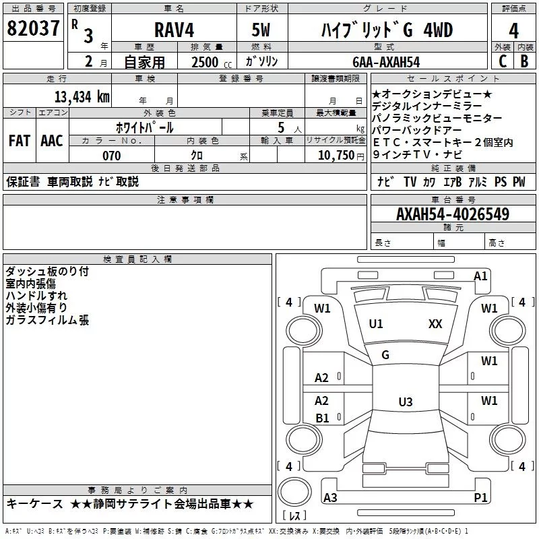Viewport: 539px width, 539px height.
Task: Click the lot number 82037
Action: pyautogui.click(x=32, y=30)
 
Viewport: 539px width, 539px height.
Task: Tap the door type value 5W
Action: pyautogui.click(x=261, y=30)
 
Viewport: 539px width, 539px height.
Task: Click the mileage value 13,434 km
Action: pyautogui.click(x=82, y=97)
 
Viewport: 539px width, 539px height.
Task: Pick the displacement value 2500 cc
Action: pyautogui.click(x=205, y=62)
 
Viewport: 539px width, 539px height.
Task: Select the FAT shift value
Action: pyautogui.click(x=19, y=141)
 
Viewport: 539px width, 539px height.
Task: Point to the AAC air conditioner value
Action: pyautogui.click(x=51, y=141)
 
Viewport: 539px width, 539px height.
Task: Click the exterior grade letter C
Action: pyautogui.click(x=502, y=61)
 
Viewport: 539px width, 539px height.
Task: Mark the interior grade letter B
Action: pyautogui.click(x=524, y=61)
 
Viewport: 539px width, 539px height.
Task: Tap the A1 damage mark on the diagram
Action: pyautogui.click(x=480, y=276)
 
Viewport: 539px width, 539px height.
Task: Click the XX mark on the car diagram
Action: pyautogui.click(x=435, y=324)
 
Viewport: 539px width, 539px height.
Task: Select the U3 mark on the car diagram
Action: pyautogui.click(x=405, y=402)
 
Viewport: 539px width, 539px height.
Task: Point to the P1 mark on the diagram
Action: pyautogui.click(x=480, y=497)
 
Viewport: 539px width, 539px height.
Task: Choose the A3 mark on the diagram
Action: pyautogui.click(x=330, y=497)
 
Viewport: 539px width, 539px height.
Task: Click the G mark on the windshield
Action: pyautogui.click(x=385, y=355)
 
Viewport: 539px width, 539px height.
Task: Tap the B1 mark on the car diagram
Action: pyautogui.click(x=322, y=418)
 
